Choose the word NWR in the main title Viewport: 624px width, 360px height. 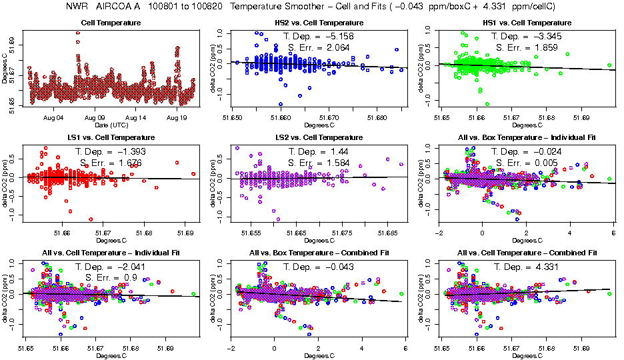coord(77,7)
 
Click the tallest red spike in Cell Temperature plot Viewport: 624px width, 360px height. coord(78,33)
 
